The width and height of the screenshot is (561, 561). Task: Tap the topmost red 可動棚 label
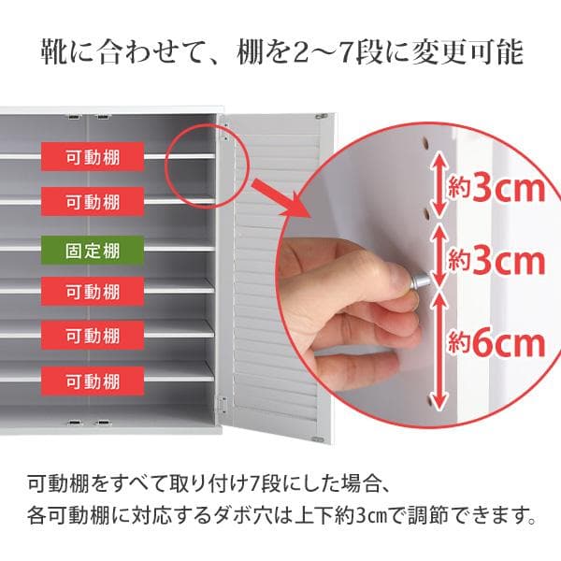93,155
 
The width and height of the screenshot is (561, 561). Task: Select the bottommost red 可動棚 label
93,381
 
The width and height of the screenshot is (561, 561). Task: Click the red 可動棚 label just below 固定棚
93,292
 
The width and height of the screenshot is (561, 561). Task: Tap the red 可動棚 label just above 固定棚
93,201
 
